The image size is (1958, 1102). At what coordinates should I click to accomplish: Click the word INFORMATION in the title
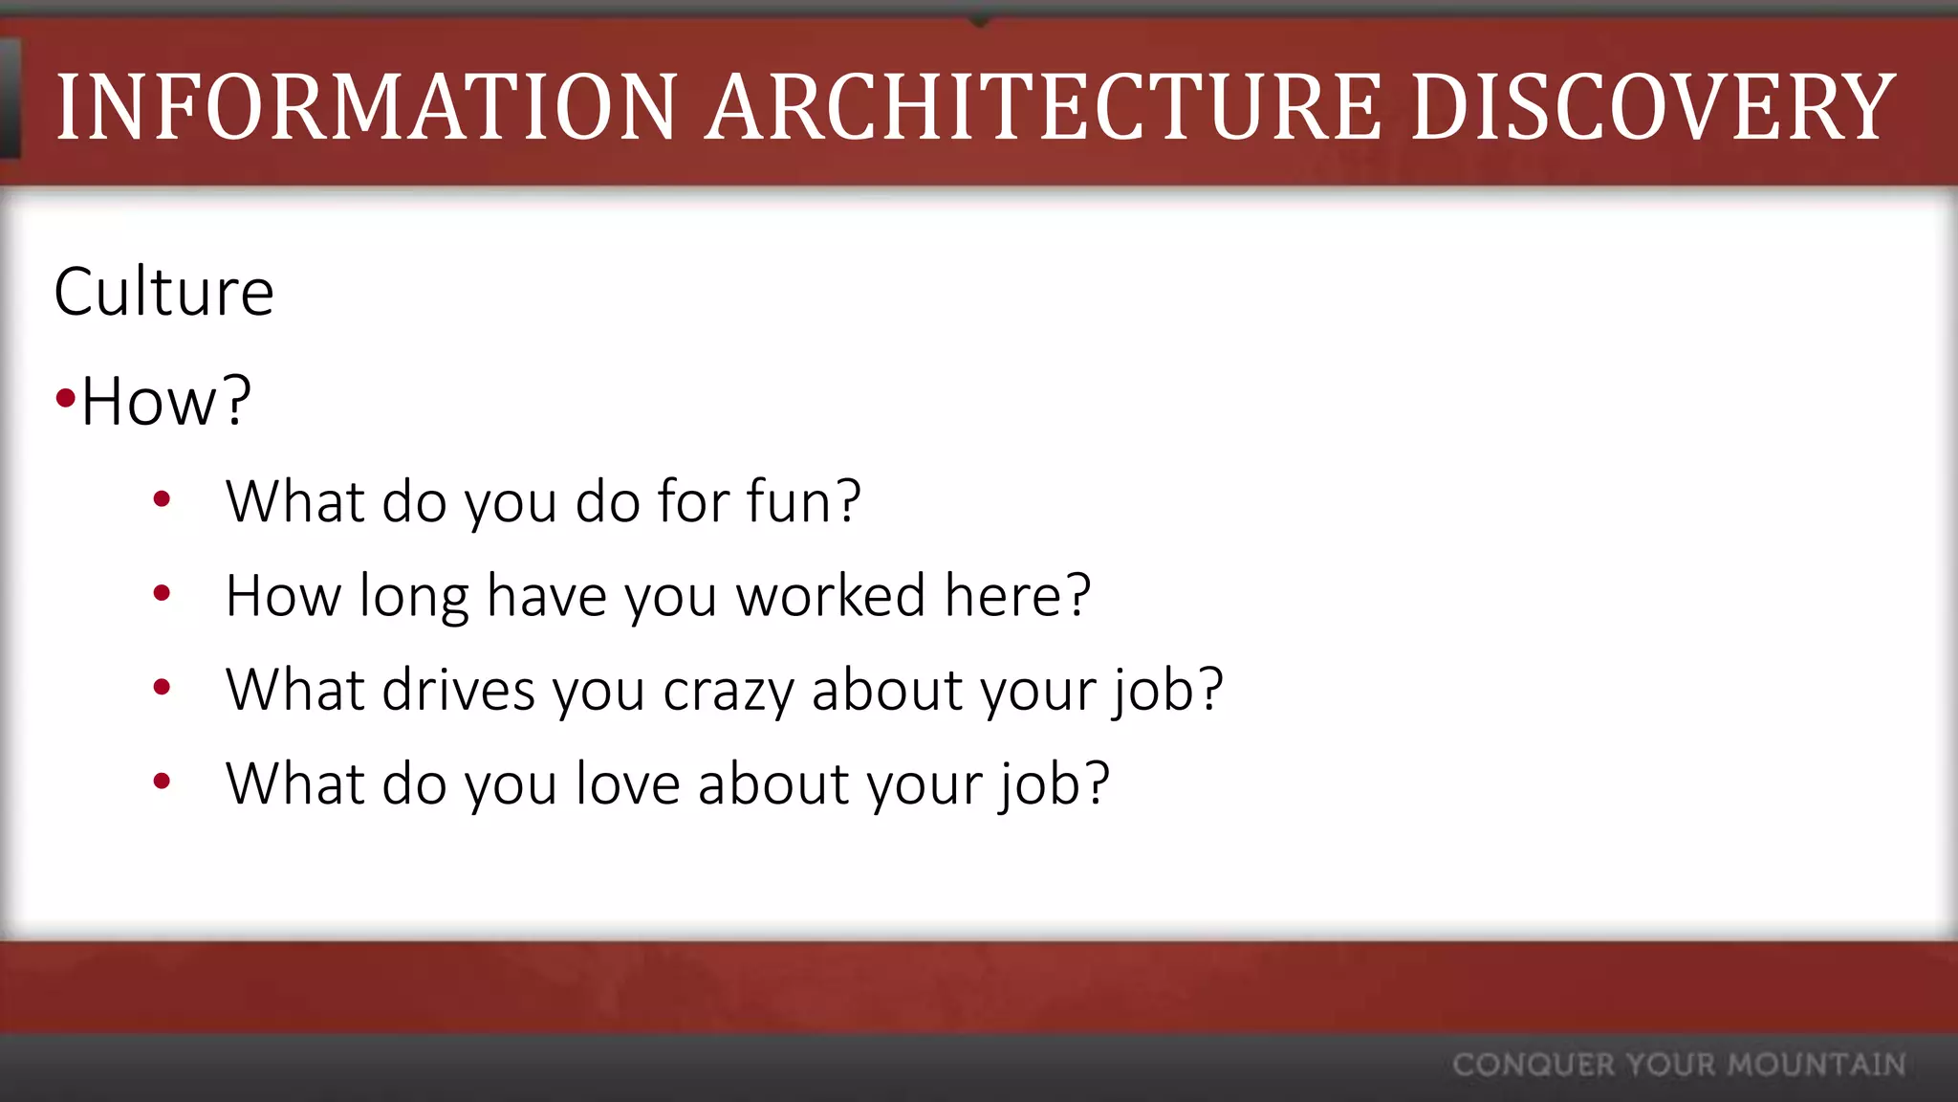[x=367, y=107]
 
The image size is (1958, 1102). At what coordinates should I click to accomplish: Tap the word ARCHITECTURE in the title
[x=1043, y=107]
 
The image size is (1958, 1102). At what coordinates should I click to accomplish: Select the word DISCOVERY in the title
[x=1653, y=107]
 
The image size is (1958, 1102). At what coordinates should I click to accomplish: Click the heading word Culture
[x=164, y=292]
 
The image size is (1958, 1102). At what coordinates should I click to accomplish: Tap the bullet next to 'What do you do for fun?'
[x=162, y=498]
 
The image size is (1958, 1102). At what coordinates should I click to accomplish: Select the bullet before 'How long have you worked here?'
[x=162, y=593]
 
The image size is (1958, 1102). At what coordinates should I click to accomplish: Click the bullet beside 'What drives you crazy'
[x=162, y=687]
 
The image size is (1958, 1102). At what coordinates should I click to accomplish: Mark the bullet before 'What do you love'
[x=162, y=781]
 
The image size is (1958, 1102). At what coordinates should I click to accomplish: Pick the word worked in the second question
[x=831, y=595]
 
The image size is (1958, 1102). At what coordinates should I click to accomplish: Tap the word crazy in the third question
[x=729, y=690]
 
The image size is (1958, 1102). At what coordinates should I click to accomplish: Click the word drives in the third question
[x=458, y=690]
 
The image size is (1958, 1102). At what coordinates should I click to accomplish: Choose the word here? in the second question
[x=1017, y=595]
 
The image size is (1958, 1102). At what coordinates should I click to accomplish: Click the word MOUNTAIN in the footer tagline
[x=1817, y=1065]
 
